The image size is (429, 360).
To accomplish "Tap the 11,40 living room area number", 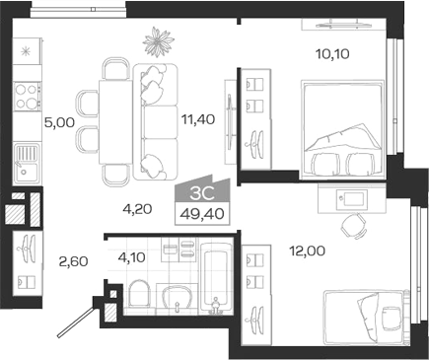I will [200, 120].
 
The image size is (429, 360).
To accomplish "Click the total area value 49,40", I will [201, 213].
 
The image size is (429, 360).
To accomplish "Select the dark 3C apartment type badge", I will [201, 192].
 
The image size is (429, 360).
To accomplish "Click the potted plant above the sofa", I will [157, 42].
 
